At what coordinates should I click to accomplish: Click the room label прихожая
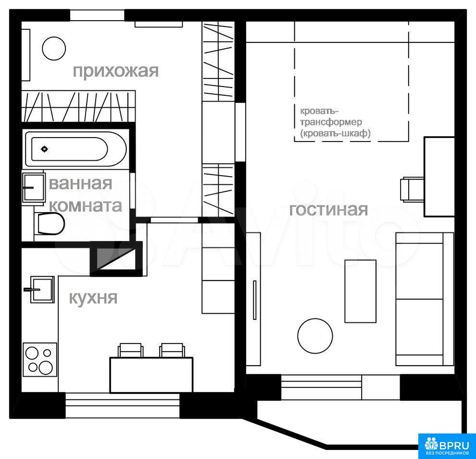[x=116, y=71]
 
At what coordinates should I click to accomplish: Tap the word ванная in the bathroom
[x=80, y=183]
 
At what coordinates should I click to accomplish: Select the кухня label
[x=93, y=297]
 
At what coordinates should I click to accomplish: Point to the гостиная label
[x=328, y=210]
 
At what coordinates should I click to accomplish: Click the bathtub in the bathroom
[x=76, y=149]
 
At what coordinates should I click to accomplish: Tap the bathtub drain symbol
[x=45, y=149]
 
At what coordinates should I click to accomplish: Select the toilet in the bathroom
[x=50, y=224]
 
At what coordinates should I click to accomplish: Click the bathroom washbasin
[x=33, y=188]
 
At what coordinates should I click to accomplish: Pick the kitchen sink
[x=41, y=289]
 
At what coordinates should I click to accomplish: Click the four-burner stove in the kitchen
[x=40, y=360]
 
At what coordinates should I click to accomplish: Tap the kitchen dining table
[x=151, y=375]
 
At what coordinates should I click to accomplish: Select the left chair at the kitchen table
[x=130, y=350]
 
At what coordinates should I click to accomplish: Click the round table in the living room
[x=315, y=336]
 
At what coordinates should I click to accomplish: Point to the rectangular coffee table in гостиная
[x=360, y=291]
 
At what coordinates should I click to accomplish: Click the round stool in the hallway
[x=54, y=49]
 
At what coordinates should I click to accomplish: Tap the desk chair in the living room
[x=412, y=189]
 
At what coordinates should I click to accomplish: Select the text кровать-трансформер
[x=331, y=116]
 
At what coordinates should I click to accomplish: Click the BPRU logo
[x=447, y=446]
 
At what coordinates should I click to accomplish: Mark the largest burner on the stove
[x=46, y=368]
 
